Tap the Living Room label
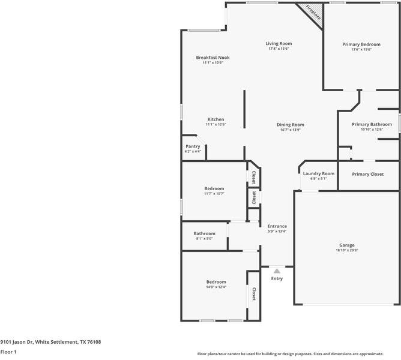(x=279, y=44)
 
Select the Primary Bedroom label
(x=361, y=44)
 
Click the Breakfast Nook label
(x=213, y=58)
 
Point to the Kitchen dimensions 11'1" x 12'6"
(x=216, y=124)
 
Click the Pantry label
(x=193, y=146)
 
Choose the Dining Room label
(x=290, y=125)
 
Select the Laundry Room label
(x=318, y=173)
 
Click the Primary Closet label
(x=367, y=174)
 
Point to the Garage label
(x=347, y=245)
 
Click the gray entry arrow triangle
(x=277, y=271)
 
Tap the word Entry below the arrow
(x=277, y=278)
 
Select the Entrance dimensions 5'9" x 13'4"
(x=277, y=232)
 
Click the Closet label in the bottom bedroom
(x=254, y=294)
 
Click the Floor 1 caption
(x=8, y=352)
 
